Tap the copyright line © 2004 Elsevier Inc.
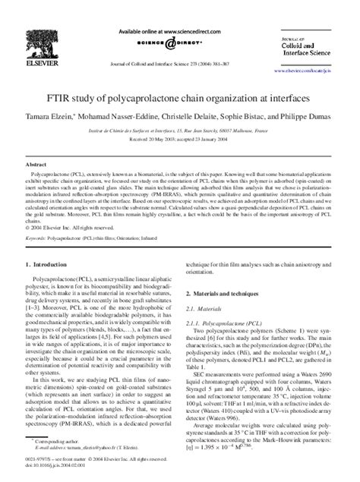pos(76,226)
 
